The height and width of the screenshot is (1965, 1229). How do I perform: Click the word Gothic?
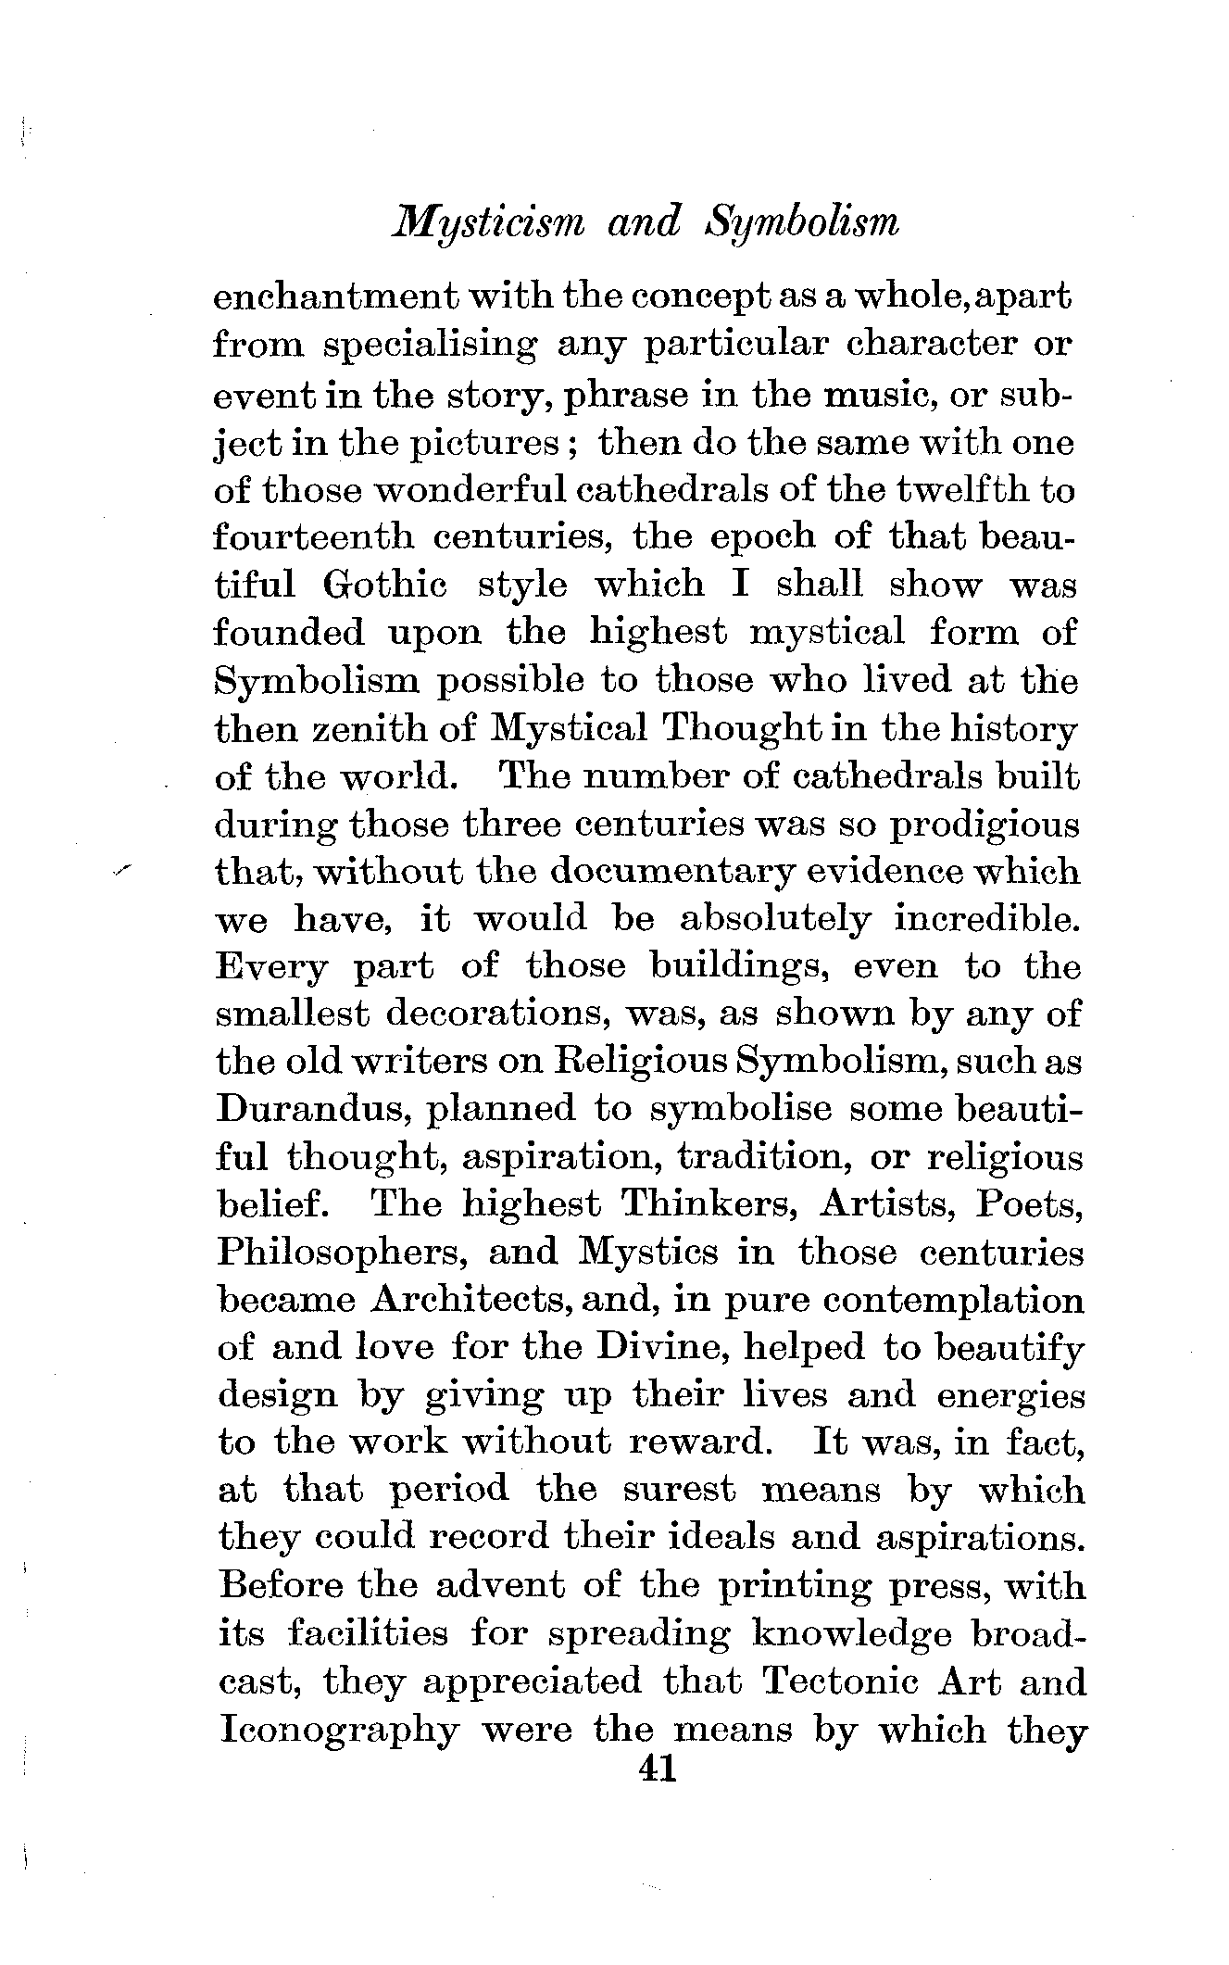[385, 586]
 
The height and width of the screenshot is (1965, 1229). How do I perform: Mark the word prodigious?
[984, 825]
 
